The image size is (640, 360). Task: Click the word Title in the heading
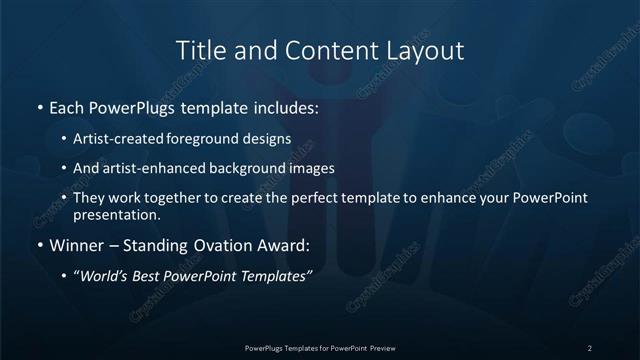(x=198, y=49)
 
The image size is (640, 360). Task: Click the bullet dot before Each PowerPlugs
(x=39, y=105)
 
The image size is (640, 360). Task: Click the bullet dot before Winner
(x=39, y=243)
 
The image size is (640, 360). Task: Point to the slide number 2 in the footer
(x=589, y=347)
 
